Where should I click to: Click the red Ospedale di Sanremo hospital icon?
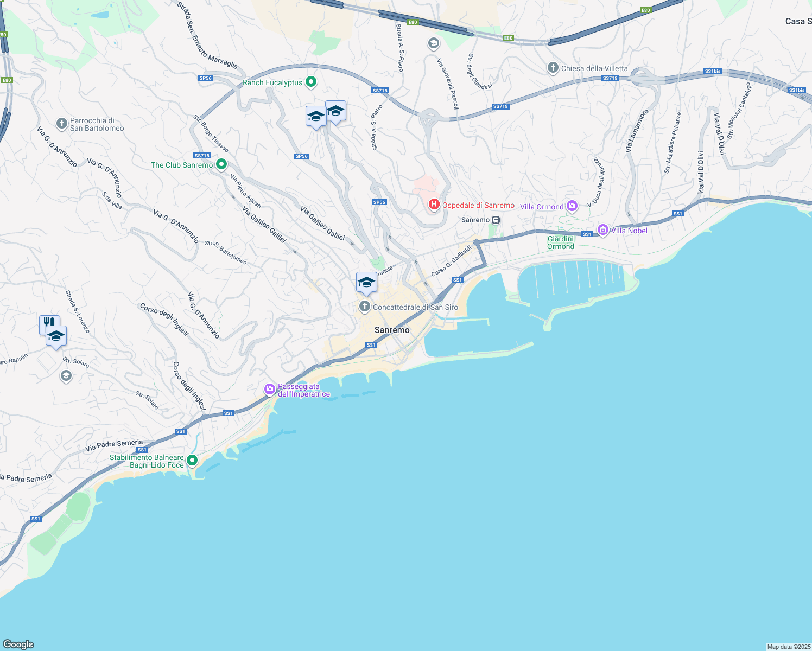[434, 205]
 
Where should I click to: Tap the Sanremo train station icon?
[496, 220]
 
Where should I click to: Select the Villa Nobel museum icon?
[602, 230]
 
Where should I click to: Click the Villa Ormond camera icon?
[572, 206]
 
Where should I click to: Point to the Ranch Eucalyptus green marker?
[311, 82]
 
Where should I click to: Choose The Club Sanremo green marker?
[221, 164]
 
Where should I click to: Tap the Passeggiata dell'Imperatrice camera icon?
[270, 389]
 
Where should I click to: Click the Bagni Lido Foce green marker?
[192, 461]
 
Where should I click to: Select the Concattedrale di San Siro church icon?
[365, 307]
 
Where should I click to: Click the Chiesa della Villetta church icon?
[553, 68]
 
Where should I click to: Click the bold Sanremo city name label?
[392, 330]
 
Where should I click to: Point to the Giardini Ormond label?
[561, 242]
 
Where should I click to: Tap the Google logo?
[18, 644]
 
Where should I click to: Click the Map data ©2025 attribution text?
[789, 647]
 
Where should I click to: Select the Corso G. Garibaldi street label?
[452, 260]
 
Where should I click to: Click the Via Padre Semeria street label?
[114, 445]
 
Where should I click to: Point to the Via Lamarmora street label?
[637, 131]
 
